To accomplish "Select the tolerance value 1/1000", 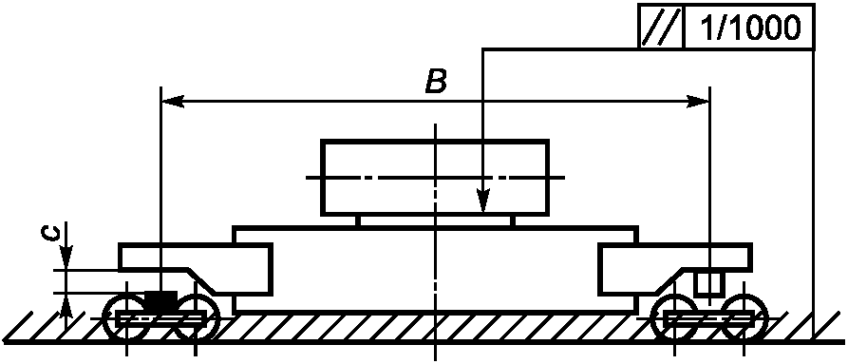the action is (x=749, y=27).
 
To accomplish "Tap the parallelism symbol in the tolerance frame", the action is (x=661, y=26).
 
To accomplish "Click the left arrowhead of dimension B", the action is (x=173, y=101).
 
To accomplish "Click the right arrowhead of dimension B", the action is (x=698, y=101).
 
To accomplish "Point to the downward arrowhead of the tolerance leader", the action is (x=483, y=201).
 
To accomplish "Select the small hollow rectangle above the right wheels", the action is (x=709, y=284).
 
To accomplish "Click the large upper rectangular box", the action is (x=435, y=178).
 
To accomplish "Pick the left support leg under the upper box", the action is (x=357, y=221).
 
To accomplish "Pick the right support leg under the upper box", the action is (x=513, y=221).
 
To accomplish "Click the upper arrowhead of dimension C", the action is (x=66, y=257).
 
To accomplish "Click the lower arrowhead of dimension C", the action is (x=66, y=305).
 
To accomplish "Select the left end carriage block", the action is (x=196, y=269).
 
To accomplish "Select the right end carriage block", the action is (x=674, y=269).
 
